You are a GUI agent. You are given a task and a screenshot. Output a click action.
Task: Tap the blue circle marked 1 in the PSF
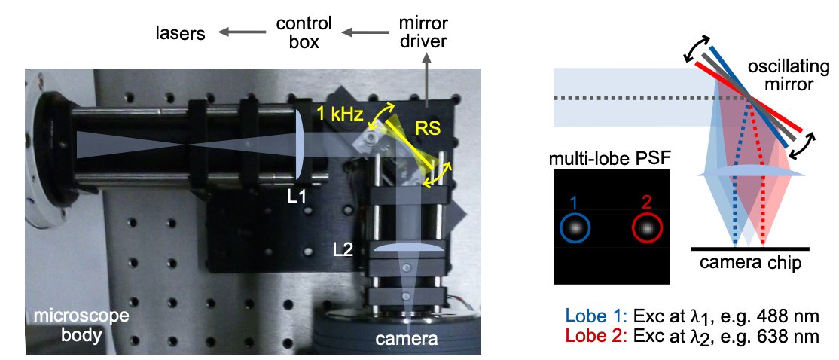(x=575, y=227)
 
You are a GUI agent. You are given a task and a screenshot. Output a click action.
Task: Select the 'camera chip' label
(x=750, y=263)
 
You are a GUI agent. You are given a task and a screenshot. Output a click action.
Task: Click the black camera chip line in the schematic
(x=750, y=248)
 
